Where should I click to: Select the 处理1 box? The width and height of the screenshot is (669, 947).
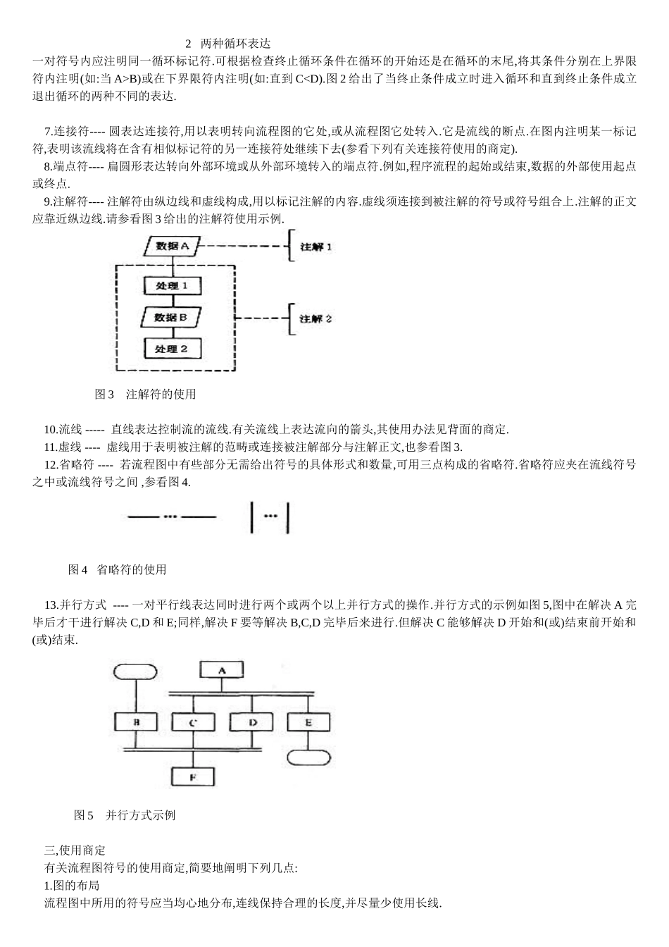172,285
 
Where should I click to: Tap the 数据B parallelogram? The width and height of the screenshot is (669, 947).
172,317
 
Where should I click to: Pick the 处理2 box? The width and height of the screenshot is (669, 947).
172,349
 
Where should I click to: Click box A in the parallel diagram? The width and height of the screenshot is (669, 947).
222,671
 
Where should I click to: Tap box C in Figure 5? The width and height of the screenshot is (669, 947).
193,723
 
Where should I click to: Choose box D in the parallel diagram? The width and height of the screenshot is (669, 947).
251,723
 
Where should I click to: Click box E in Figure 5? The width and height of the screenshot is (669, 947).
308,723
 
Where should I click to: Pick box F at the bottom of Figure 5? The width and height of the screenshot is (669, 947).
193,776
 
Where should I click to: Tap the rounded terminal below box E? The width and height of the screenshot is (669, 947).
308,758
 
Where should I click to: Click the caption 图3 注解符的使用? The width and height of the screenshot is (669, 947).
145,394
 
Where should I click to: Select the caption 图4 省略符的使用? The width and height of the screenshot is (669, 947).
117,569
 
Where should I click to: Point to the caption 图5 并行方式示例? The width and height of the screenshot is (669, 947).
125,815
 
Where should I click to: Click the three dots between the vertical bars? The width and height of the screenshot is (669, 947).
270,516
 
